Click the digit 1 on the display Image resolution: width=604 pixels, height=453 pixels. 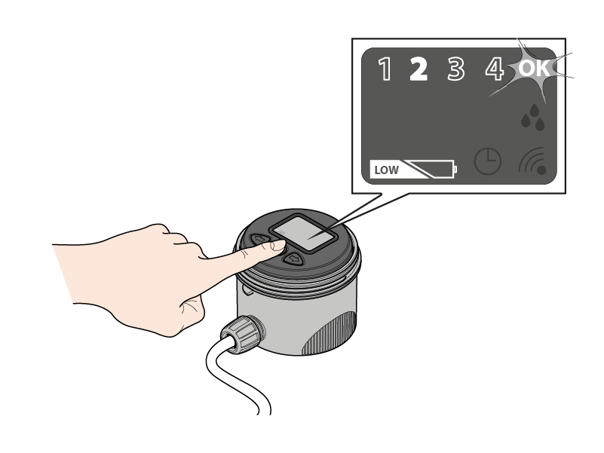(x=385, y=69)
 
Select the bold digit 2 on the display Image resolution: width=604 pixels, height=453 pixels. (x=419, y=69)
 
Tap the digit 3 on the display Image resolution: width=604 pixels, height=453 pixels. (x=456, y=69)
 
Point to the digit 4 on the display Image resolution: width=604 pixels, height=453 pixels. (x=494, y=69)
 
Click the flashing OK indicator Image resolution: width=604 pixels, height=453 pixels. (x=534, y=68)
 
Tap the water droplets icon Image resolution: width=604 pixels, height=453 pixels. (x=532, y=117)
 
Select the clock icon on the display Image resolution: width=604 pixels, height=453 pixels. (x=487, y=161)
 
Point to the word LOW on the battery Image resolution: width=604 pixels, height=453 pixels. (x=386, y=170)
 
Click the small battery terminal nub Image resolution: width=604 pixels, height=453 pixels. (x=455, y=169)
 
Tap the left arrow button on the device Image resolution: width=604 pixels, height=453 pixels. (x=261, y=240)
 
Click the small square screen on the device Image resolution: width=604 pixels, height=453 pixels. (x=304, y=233)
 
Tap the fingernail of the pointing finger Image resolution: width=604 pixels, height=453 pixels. (x=277, y=245)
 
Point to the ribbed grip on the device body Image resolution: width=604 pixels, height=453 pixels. (x=330, y=332)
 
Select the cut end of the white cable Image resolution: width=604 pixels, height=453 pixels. (x=264, y=413)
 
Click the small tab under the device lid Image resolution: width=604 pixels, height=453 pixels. (x=247, y=289)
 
